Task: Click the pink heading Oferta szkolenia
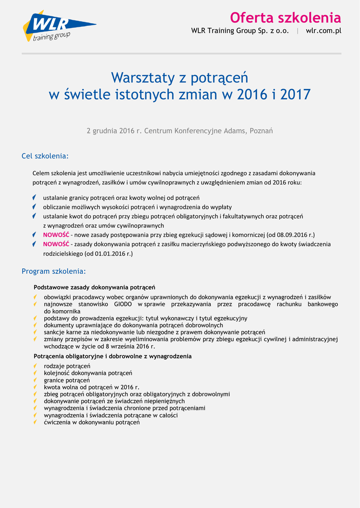pyautogui.click(x=285, y=18)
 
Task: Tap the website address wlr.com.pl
pyautogui.click(x=323, y=31)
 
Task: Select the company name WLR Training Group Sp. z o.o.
pyautogui.click(x=240, y=31)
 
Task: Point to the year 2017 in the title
pyautogui.click(x=295, y=94)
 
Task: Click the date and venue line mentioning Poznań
pyautogui.click(x=180, y=131)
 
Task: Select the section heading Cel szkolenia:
pyautogui.click(x=45, y=156)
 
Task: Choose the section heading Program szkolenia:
pyautogui.click(x=54, y=271)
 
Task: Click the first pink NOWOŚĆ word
pyautogui.click(x=56, y=235)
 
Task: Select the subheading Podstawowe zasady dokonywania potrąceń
pyautogui.click(x=94, y=287)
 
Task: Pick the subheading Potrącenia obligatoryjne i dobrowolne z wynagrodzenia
pyautogui.click(x=112, y=356)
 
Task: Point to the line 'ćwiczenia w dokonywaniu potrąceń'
pyautogui.click(x=91, y=422)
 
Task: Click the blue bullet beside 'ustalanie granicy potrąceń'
pyautogui.click(x=34, y=197)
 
